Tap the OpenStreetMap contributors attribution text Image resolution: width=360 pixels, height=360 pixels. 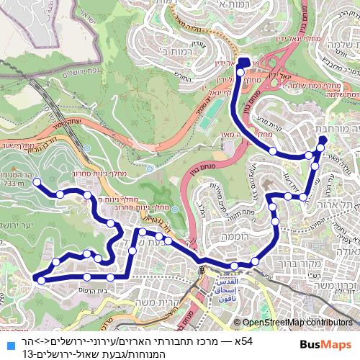click(297, 323)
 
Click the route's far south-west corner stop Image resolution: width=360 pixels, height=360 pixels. click(42, 280)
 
